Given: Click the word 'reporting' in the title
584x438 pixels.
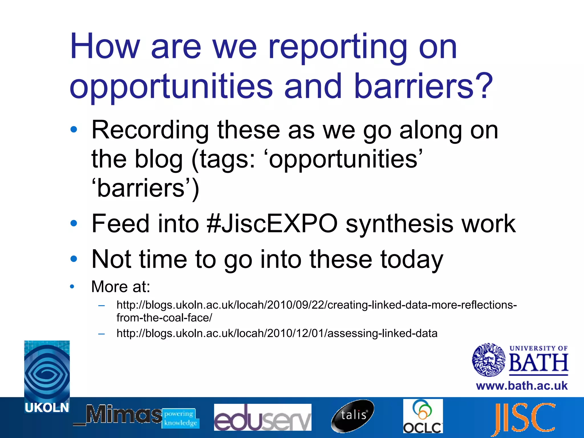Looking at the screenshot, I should [x=338, y=47].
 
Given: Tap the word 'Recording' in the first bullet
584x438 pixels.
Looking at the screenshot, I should [x=150, y=130].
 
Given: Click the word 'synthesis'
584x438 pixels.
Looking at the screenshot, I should [x=399, y=224].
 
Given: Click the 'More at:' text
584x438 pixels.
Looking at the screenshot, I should [x=120, y=287].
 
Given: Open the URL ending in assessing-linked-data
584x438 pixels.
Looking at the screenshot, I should [x=277, y=333].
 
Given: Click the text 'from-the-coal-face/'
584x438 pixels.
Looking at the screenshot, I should [x=164, y=318].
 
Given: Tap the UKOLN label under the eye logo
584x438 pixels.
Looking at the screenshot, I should [x=47, y=408].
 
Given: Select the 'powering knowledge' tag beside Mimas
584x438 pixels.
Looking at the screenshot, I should [x=181, y=418].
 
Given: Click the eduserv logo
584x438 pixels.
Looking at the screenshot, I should [x=262, y=417].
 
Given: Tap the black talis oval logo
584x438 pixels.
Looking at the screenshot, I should [x=353, y=415].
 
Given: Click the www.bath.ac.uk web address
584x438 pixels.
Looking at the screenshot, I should [x=522, y=386].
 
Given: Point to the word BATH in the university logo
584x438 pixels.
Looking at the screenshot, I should [x=538, y=363].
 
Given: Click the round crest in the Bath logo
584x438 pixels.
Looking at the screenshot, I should [x=489, y=360].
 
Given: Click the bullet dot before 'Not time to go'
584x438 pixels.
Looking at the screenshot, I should [x=74, y=259].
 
